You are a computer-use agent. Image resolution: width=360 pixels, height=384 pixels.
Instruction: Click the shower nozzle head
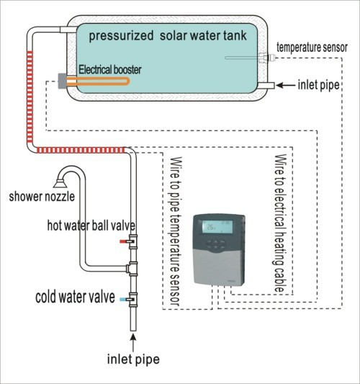(x=60, y=184)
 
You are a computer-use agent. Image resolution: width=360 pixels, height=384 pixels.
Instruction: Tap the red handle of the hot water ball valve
(x=123, y=241)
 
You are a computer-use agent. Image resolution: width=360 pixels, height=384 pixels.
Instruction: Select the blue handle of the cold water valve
(x=123, y=299)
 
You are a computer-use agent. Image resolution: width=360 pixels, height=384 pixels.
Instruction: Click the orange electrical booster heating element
(x=98, y=81)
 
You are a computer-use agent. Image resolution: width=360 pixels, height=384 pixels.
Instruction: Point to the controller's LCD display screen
(x=217, y=228)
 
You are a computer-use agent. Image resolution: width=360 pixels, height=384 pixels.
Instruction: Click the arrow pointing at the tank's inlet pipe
(x=286, y=86)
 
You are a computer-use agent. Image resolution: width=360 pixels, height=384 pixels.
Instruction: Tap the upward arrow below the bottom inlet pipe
(x=133, y=343)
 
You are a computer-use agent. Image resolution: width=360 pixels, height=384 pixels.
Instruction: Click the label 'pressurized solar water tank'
(x=168, y=36)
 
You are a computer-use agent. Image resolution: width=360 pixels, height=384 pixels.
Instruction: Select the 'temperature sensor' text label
(x=312, y=48)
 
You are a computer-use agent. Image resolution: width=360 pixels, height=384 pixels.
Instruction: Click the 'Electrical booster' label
(x=110, y=70)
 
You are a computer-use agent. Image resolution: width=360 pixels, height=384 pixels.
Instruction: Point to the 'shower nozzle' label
(x=42, y=197)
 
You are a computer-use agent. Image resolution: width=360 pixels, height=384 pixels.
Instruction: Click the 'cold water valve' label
(x=75, y=297)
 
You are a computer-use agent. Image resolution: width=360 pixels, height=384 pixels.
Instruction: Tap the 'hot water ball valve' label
(x=91, y=226)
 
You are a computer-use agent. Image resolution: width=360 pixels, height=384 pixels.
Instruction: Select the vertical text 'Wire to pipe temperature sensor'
(x=176, y=231)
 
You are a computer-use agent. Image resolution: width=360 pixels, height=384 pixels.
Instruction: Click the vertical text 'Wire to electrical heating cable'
(x=280, y=223)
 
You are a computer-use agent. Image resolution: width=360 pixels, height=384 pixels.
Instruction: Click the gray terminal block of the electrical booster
(x=62, y=81)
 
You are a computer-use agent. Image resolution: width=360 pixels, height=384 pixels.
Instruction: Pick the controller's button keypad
(x=215, y=244)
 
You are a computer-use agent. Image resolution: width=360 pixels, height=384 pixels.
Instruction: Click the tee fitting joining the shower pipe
(x=132, y=269)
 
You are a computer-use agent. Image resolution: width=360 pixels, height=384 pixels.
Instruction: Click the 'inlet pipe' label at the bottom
(x=133, y=360)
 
